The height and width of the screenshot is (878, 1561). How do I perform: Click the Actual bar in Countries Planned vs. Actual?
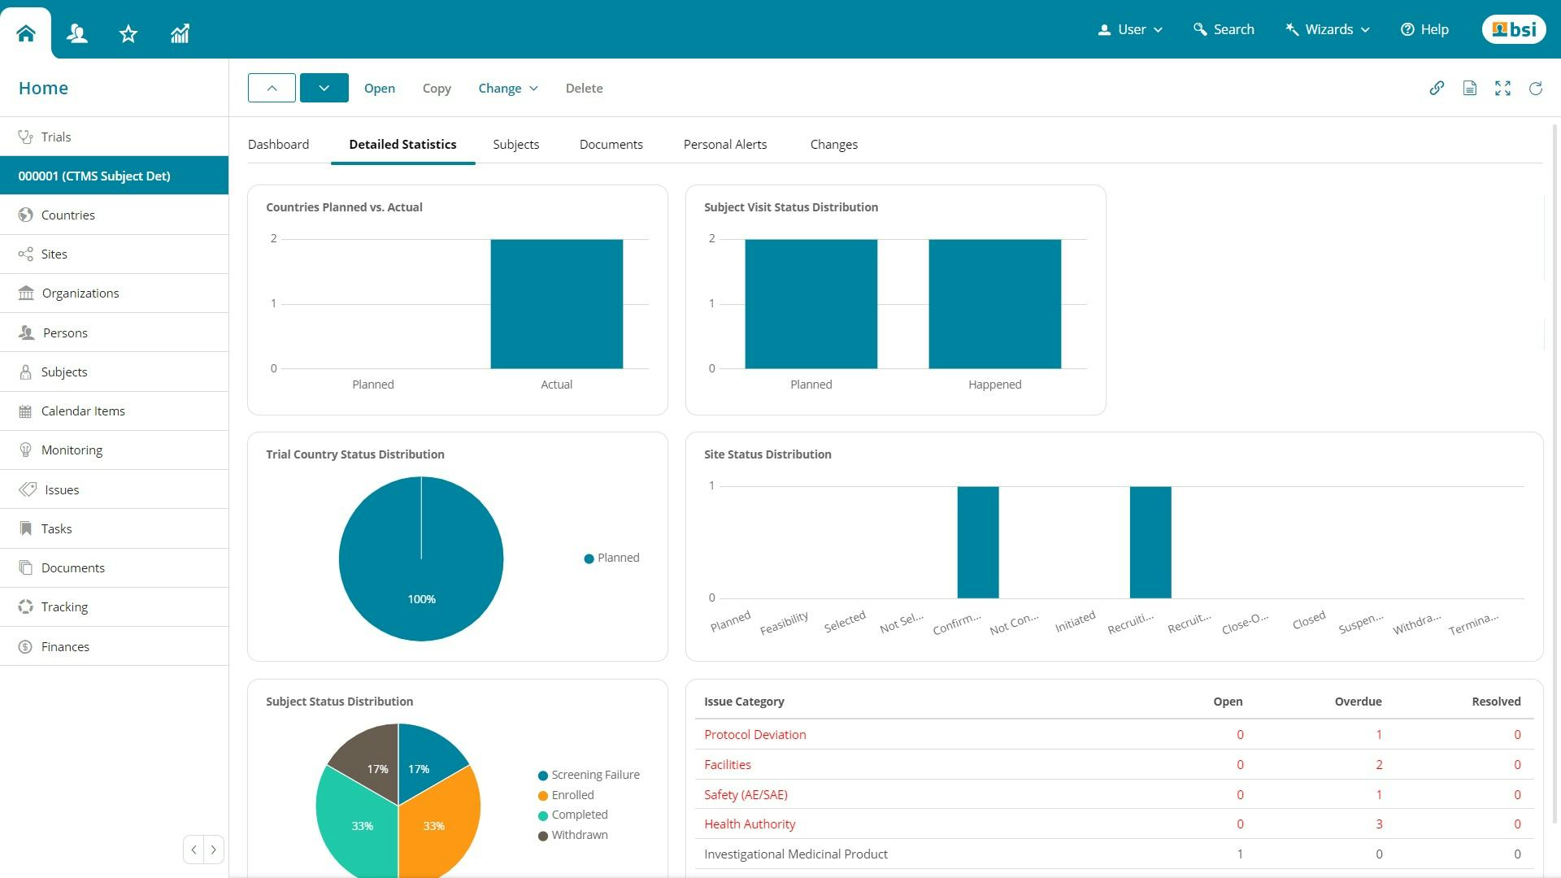pos(556,303)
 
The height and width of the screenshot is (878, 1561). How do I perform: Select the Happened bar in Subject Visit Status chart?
pos(994,303)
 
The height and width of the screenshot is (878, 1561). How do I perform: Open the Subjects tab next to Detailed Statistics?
pos(515,145)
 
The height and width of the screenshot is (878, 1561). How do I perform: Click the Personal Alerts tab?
pos(724,145)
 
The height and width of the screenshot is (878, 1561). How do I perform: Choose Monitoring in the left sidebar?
pos(72,450)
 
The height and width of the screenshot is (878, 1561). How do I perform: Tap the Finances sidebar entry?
pos(65,647)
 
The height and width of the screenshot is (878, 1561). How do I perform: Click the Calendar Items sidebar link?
pos(83,411)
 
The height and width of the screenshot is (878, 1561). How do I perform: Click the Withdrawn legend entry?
pos(579,835)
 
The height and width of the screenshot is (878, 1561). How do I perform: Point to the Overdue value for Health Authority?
pos(1378,824)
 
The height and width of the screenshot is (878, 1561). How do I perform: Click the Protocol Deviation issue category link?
pos(754,735)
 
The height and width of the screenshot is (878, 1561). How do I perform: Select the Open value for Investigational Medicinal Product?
pos(1239,854)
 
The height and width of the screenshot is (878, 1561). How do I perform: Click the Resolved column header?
pos(1495,702)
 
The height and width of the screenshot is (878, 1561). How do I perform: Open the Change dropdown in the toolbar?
pos(507,89)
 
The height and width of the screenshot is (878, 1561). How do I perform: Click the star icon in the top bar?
pos(128,33)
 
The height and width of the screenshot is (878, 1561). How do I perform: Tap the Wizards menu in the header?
pos(1328,30)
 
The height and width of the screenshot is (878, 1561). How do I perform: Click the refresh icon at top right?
pos(1535,89)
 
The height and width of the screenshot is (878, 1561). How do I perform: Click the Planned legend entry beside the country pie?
pos(617,558)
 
